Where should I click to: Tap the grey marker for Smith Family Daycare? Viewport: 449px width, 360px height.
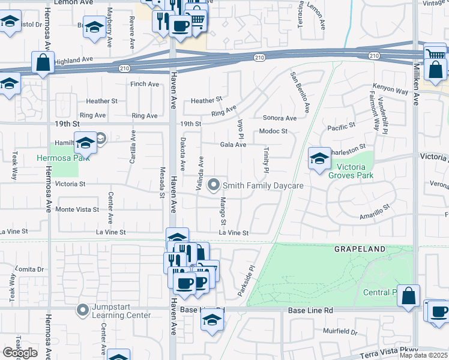pos(213,186)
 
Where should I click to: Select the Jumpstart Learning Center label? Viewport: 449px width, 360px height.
pos(121,310)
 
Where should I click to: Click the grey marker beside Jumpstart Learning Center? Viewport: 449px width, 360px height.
pos(82,310)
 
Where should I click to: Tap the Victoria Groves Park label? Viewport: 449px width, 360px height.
pos(351,171)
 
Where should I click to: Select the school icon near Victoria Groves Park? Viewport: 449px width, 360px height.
pos(319,158)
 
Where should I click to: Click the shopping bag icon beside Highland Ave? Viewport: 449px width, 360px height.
pos(43,62)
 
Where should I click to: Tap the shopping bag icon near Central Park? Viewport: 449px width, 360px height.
pos(408,296)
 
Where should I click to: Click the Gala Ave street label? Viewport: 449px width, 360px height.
pos(233,145)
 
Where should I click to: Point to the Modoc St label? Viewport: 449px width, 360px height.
pos(273,131)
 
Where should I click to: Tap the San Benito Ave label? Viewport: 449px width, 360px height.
pos(300,92)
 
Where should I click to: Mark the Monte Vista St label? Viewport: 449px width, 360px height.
pos(77,209)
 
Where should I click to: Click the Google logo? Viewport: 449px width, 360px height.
pos(20,353)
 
